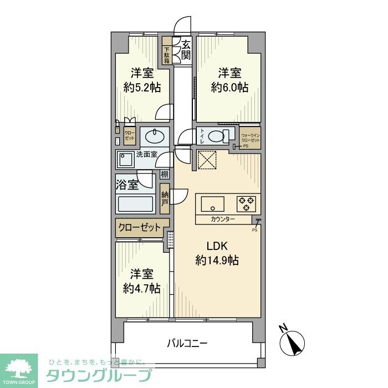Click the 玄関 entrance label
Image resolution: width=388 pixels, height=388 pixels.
(186, 49)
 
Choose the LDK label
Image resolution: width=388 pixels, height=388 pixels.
(217, 246)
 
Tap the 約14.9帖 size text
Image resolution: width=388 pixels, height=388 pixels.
(217, 260)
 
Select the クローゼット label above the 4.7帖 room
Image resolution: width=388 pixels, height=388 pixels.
(139, 227)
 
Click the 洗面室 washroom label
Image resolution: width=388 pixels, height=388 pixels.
(145, 155)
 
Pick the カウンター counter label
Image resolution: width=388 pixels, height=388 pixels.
(223, 219)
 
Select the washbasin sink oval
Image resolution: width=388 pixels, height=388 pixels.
(154, 136)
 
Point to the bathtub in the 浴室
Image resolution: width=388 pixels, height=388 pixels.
(135, 203)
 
